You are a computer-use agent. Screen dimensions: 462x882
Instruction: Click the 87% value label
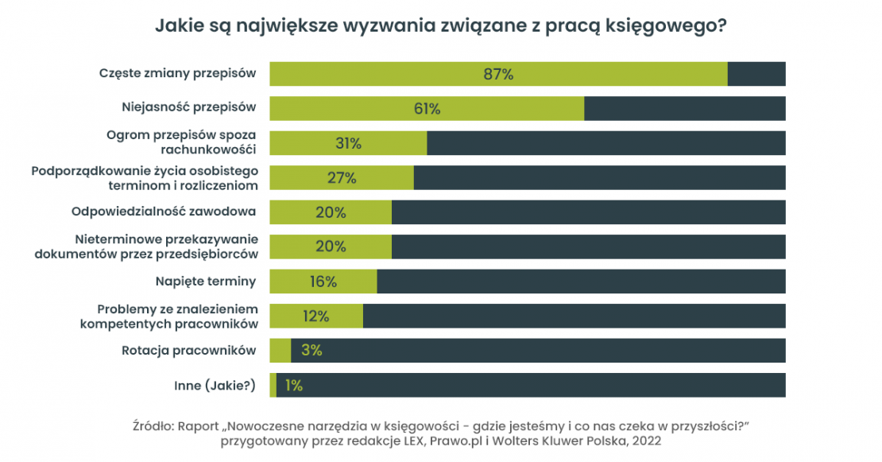coord(498,74)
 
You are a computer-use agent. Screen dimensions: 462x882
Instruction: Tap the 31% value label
coord(348,143)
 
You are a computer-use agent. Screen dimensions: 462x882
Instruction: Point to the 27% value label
coord(342,177)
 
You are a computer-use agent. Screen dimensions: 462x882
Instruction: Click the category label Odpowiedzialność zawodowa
coord(164,212)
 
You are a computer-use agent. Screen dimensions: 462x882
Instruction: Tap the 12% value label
coord(315,316)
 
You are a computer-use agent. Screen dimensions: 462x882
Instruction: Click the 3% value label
coord(311,351)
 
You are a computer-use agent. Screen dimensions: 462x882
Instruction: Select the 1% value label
coord(293,386)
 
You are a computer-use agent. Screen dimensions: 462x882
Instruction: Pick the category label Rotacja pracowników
coord(188,351)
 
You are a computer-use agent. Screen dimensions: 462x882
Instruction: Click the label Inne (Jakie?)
coord(215,386)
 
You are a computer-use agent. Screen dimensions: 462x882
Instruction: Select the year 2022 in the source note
coord(645,440)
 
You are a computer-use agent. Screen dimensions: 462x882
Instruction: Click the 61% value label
coord(427,108)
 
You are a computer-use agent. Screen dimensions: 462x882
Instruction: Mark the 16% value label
coord(323,281)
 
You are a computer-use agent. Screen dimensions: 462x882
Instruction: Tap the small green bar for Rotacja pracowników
coord(280,351)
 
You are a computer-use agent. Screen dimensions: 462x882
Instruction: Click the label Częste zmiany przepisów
coord(177,73)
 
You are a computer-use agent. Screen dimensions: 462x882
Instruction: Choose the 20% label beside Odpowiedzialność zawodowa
coord(330,212)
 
